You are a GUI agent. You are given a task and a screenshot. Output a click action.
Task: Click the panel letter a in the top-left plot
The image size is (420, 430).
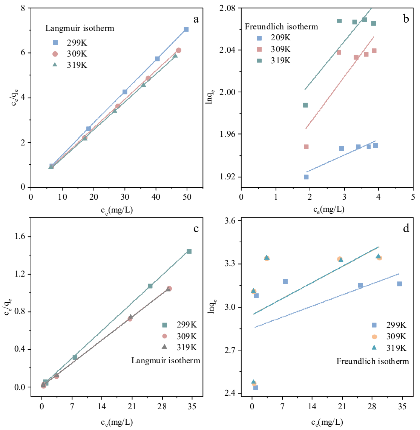[x=196, y=20]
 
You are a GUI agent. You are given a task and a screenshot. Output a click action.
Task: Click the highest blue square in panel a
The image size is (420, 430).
[x=186, y=29]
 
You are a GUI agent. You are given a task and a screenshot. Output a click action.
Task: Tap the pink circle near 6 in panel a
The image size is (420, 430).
[x=178, y=50]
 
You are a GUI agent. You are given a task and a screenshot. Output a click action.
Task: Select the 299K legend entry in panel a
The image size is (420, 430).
[x=72, y=43]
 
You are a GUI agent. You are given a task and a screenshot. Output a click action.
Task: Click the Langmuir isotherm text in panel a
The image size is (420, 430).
[x=80, y=28]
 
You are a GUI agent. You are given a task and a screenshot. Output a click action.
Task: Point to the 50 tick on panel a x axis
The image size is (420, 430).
[x=187, y=197]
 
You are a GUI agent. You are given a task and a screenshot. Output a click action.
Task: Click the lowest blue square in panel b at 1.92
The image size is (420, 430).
[x=306, y=177]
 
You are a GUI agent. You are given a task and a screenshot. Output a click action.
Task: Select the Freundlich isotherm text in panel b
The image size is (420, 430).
[x=281, y=27]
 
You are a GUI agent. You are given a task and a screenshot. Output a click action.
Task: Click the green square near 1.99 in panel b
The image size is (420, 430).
[x=305, y=105]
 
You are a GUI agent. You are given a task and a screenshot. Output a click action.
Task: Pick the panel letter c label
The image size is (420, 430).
[x=196, y=229]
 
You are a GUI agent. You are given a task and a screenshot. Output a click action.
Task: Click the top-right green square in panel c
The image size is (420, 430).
[x=189, y=251]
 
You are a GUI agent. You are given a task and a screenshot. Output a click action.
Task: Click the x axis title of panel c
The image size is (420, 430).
[x=116, y=422]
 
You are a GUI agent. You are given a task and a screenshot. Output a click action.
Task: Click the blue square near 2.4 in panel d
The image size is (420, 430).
[x=256, y=388]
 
